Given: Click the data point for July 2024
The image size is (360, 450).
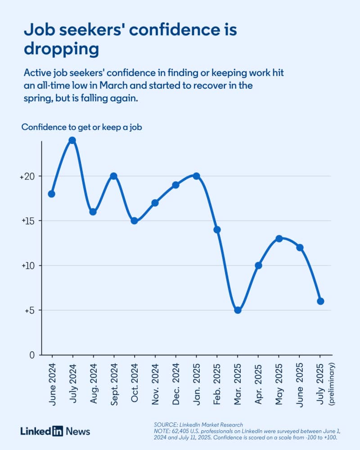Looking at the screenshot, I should (72, 140).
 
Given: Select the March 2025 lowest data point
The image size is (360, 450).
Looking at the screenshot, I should (238, 310).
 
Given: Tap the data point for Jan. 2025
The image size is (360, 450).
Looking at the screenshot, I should (196, 176).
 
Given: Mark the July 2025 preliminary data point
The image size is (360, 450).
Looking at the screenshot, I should (320, 301).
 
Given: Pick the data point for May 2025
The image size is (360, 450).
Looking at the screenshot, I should (279, 238).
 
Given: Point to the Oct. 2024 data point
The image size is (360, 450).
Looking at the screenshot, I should (134, 220).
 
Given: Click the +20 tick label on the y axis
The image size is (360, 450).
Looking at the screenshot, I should (27, 177).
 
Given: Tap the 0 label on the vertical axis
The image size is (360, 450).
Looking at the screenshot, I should (32, 355).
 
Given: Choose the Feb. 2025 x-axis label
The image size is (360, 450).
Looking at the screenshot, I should (217, 380).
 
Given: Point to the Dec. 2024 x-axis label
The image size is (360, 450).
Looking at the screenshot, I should (176, 380).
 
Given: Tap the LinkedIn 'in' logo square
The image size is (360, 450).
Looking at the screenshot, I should (57, 431).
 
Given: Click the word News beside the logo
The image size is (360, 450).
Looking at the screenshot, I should (78, 431).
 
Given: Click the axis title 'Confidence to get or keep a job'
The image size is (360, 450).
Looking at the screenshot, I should (82, 127).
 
